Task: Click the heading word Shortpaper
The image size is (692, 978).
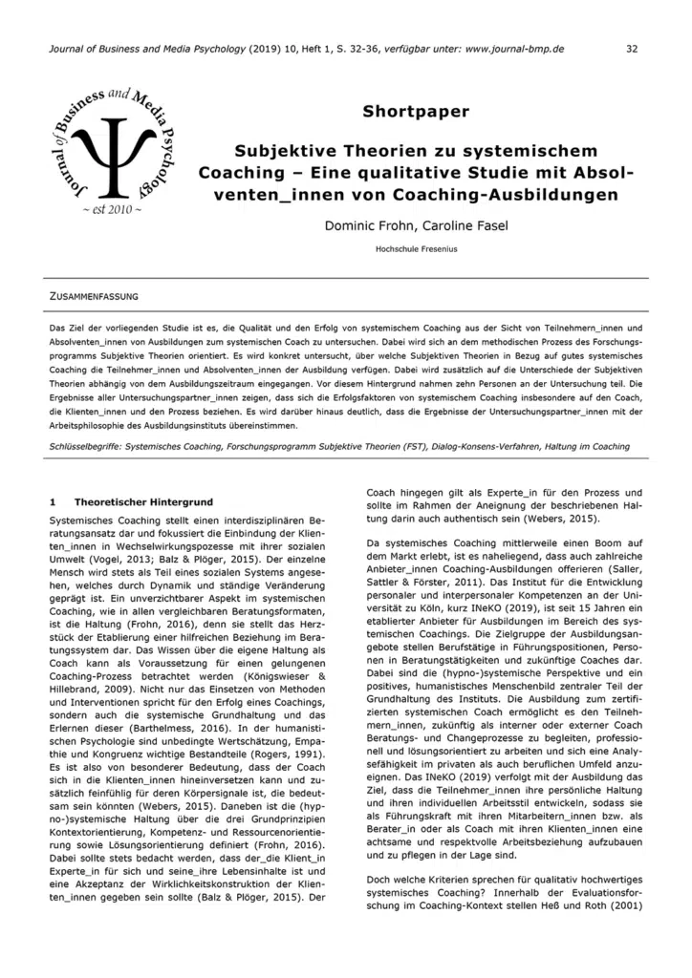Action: [x=416, y=112]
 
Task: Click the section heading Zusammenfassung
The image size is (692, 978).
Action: [x=95, y=297]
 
